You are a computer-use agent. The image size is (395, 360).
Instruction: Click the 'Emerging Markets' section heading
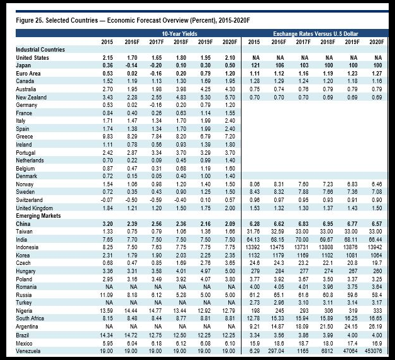(x=38, y=216)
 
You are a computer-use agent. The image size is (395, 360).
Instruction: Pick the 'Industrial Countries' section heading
(x=41, y=49)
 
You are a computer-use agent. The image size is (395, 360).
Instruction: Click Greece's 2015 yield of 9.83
(x=108, y=137)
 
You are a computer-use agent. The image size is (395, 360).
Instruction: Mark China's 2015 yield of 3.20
(x=108, y=223)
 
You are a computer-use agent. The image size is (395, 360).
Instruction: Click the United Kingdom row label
(x=38, y=208)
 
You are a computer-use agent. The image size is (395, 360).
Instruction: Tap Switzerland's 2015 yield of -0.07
(x=107, y=200)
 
